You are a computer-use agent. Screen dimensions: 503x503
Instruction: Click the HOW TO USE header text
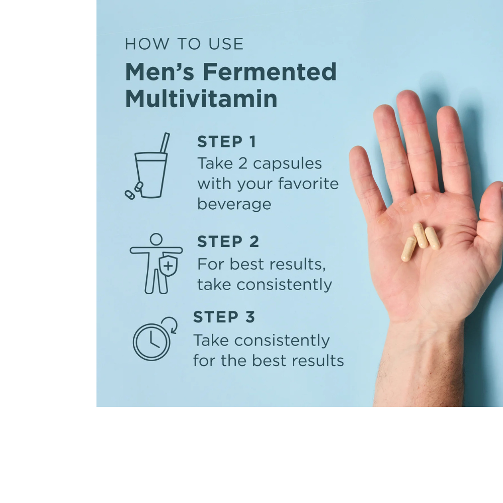tap(184, 44)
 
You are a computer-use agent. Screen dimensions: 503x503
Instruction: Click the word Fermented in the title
tap(270, 72)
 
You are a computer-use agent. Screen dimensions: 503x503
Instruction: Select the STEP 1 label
tap(226, 142)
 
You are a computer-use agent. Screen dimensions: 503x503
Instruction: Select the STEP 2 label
tap(228, 242)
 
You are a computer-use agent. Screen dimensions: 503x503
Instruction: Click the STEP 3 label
tap(224, 317)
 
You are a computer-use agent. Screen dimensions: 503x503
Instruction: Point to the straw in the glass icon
tap(164, 142)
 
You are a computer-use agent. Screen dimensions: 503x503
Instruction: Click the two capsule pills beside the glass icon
tap(133, 191)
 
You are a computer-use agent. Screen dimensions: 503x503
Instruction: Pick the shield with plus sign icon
tap(168, 265)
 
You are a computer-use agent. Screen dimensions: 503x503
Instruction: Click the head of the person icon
tap(156, 239)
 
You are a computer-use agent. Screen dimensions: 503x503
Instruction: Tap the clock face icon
tap(151, 342)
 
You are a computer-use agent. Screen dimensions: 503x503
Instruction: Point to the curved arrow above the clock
tap(171, 324)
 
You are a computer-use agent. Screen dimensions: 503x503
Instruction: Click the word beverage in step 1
tap(234, 204)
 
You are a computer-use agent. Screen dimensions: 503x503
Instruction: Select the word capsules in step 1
tap(287, 164)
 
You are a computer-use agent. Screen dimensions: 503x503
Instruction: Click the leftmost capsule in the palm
tap(408, 249)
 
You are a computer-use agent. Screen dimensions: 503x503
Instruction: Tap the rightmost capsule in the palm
tap(433, 238)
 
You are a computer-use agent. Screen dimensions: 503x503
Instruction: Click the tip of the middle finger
tap(408, 99)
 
